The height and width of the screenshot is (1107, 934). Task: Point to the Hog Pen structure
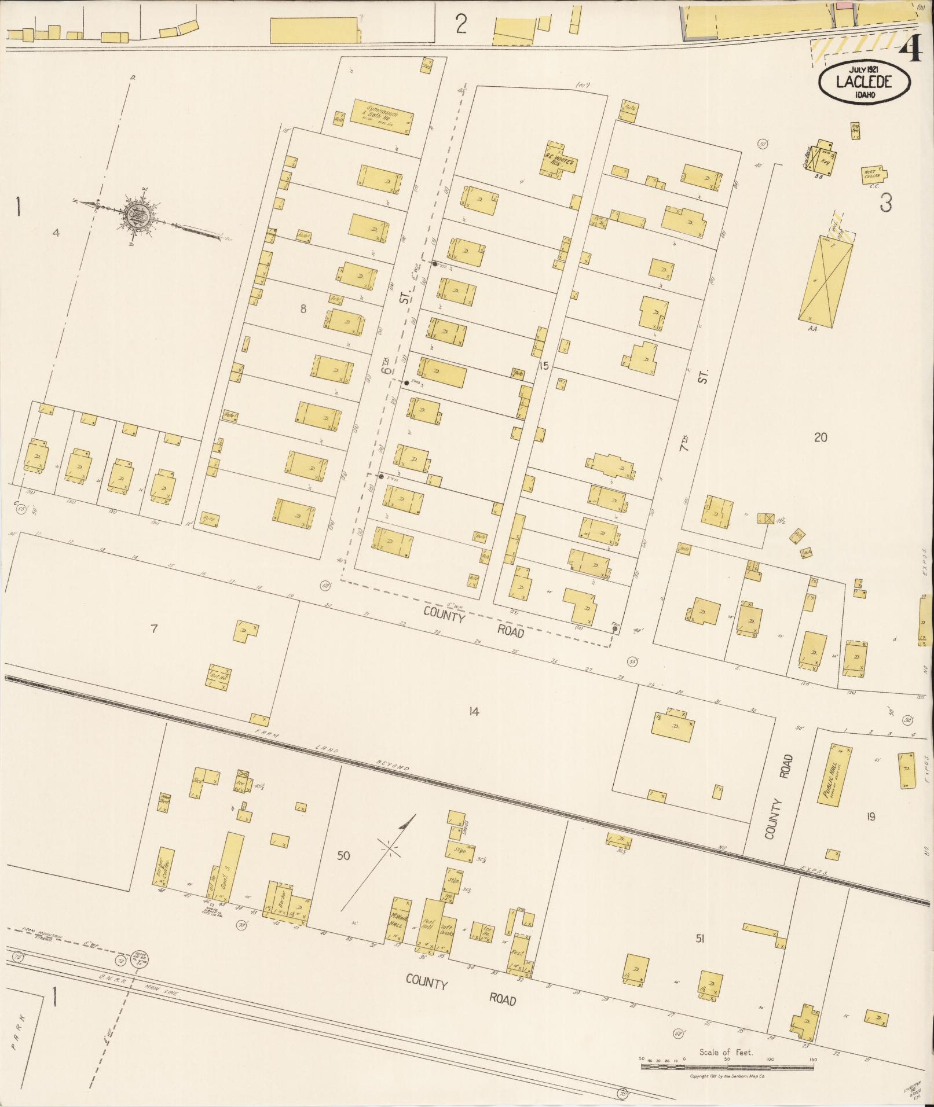(855, 130)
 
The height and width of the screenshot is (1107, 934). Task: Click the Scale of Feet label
(726, 1052)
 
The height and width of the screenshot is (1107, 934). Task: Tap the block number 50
(343, 855)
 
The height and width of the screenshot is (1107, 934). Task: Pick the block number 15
(543, 365)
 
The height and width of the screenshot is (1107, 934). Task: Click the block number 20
(821, 437)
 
